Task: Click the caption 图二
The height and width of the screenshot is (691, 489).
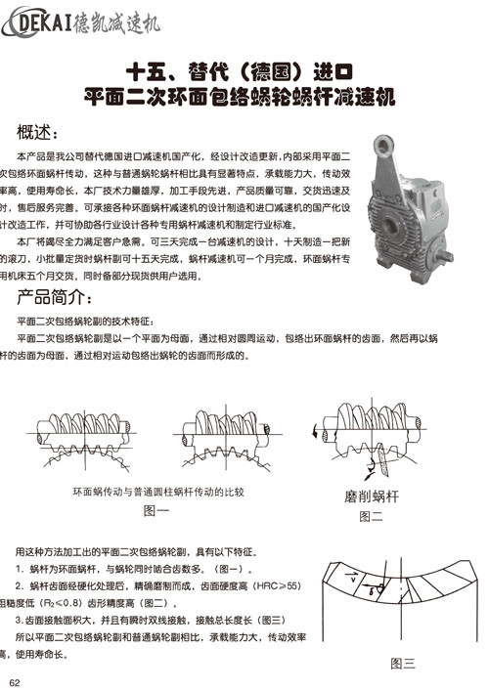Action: pos(371,515)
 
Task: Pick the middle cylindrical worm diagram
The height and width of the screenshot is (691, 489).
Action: pos(221,431)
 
